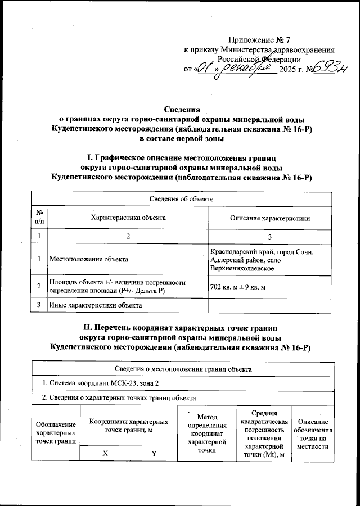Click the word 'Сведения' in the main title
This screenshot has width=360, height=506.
point(180,109)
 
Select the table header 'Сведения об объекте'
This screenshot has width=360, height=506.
point(180,198)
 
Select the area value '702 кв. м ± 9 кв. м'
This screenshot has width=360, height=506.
point(237,287)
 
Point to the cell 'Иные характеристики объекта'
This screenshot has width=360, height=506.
point(95,305)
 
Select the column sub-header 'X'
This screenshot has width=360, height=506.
point(105,453)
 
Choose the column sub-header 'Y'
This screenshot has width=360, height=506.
point(153,453)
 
